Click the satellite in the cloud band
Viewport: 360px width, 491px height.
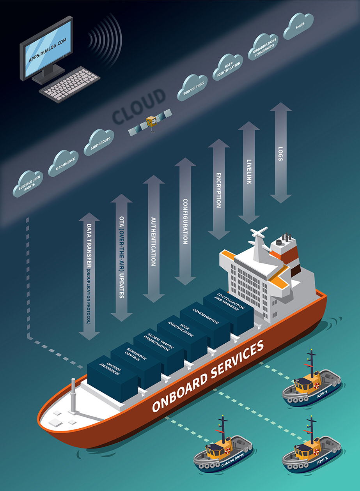coord(151,122)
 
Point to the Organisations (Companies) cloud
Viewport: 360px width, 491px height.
coord(265,46)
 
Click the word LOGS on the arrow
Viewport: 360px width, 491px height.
coord(280,153)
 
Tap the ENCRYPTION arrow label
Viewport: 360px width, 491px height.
coord(218,189)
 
